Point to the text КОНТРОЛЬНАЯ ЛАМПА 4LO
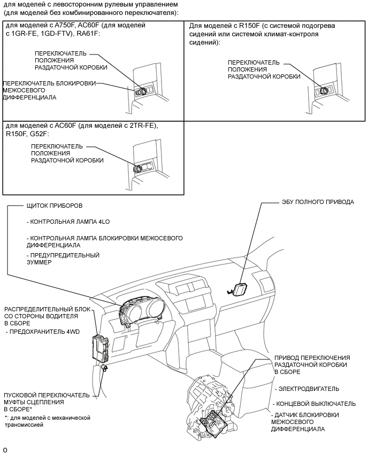66,222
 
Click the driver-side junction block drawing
102,348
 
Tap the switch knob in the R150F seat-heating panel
324,90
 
